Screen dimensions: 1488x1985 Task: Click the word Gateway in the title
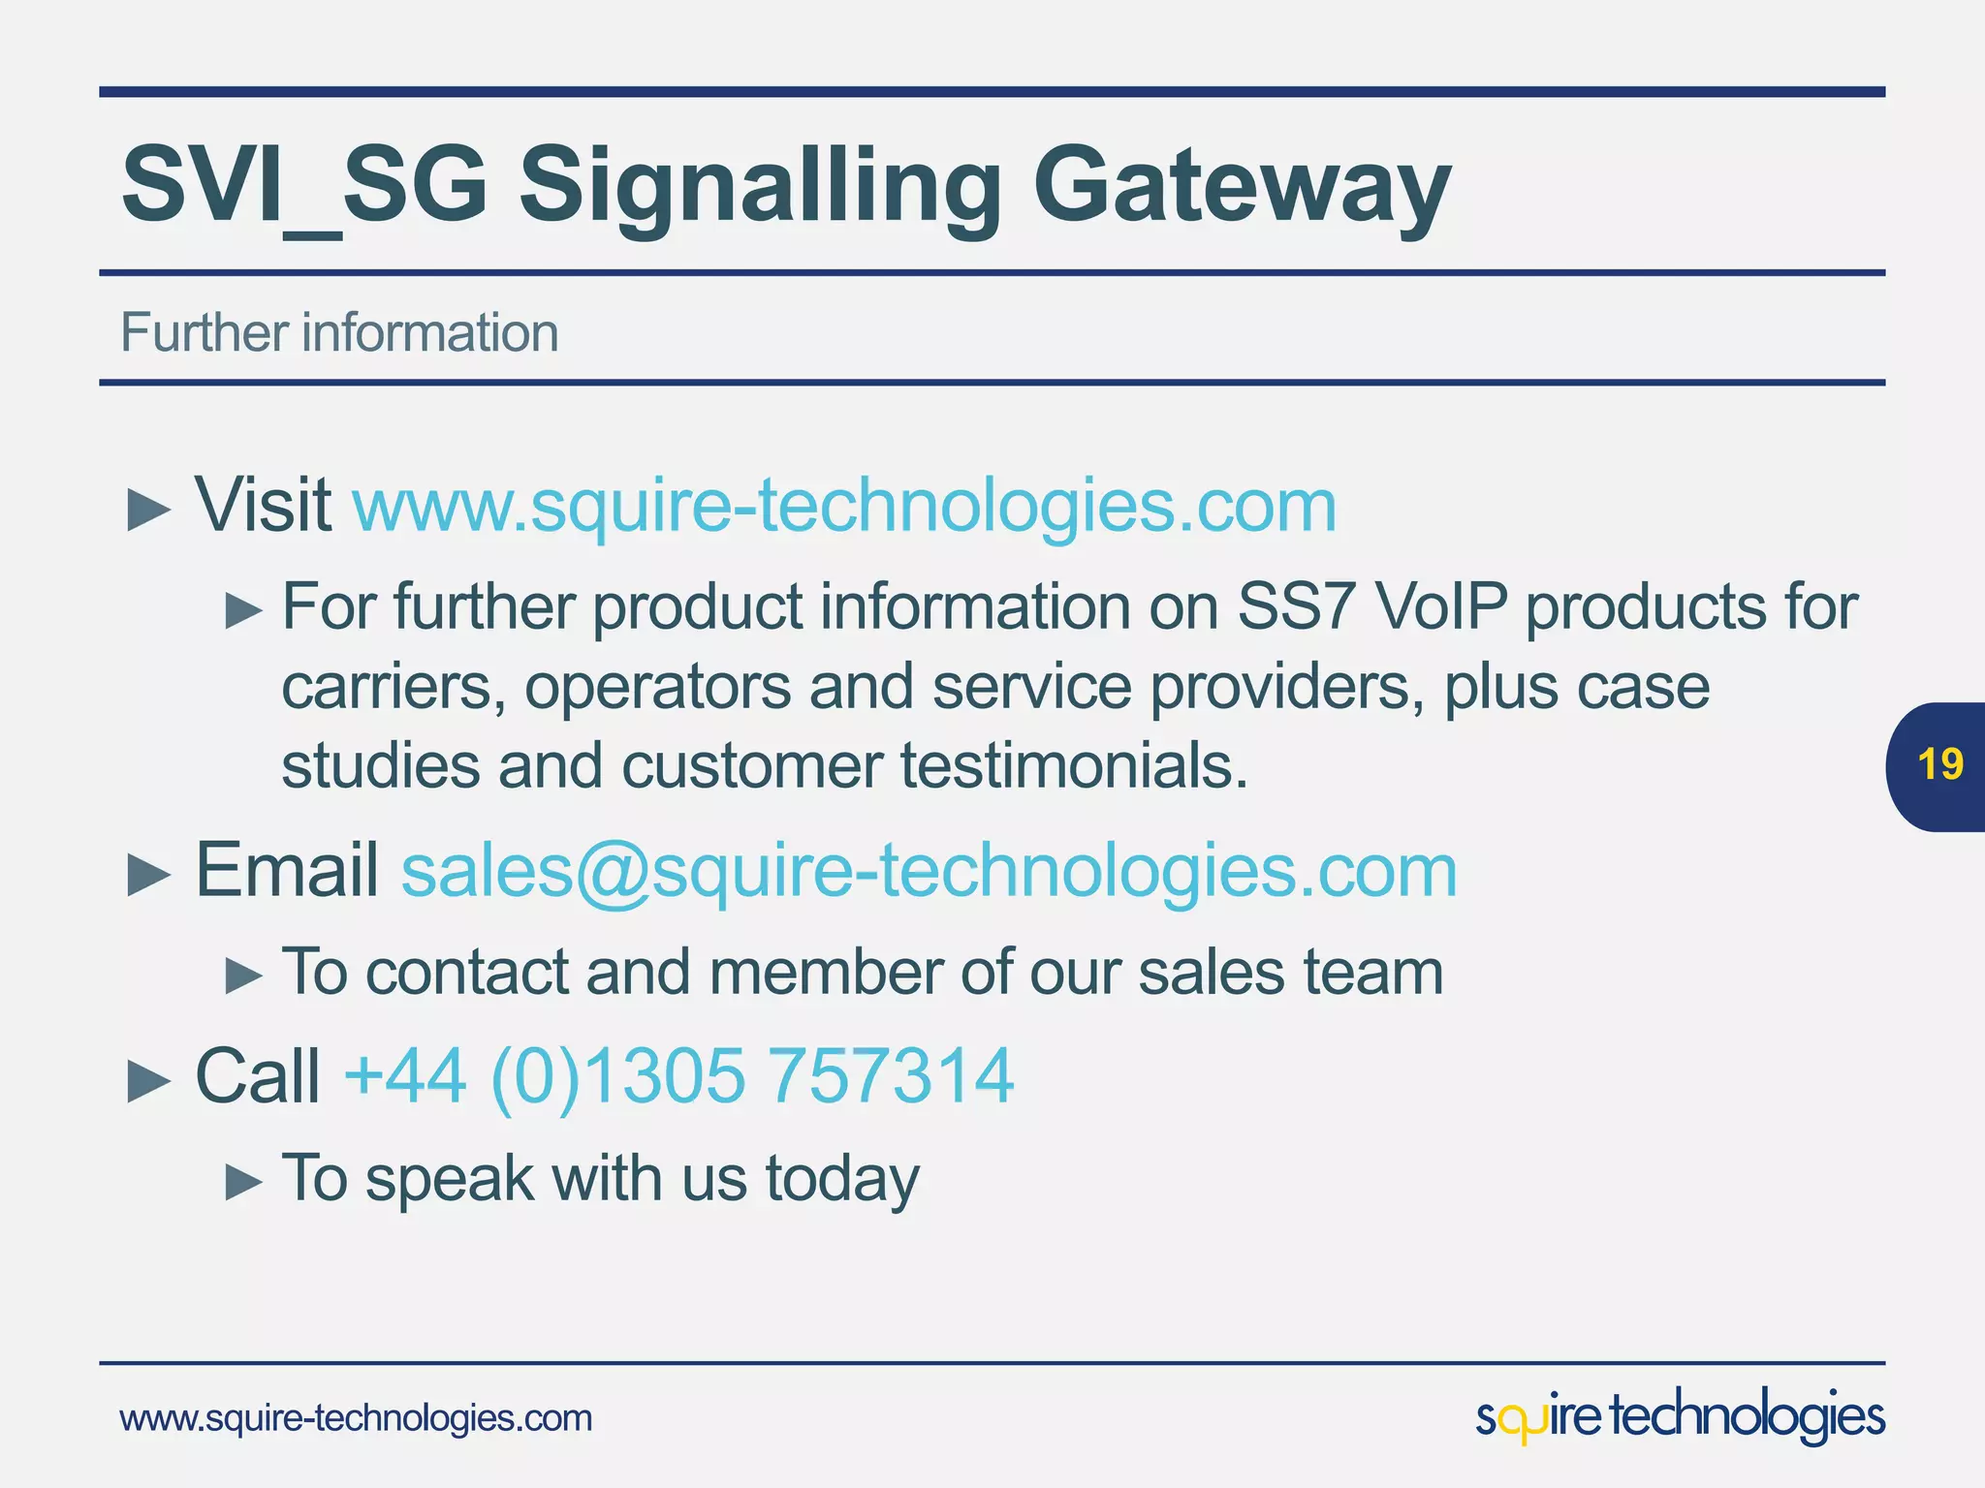pos(1241,184)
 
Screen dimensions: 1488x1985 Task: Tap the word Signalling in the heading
pos(759,184)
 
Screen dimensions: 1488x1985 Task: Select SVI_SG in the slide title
pos(303,184)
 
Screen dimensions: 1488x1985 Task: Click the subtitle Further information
pos(339,332)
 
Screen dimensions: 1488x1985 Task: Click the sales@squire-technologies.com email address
pos(929,870)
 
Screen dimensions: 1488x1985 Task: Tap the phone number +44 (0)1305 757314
pos(678,1075)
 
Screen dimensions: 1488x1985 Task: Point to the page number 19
pos(1940,764)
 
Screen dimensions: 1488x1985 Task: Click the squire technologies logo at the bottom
pos(1680,1416)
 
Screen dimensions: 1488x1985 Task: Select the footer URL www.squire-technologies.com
pos(356,1418)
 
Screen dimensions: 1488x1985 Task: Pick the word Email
pos(287,870)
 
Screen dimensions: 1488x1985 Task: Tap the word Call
pos(258,1075)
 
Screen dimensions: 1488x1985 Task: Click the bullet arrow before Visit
pos(148,510)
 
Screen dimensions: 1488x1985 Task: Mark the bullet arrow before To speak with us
pos(243,1182)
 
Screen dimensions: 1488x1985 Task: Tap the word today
pos(842,1179)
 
